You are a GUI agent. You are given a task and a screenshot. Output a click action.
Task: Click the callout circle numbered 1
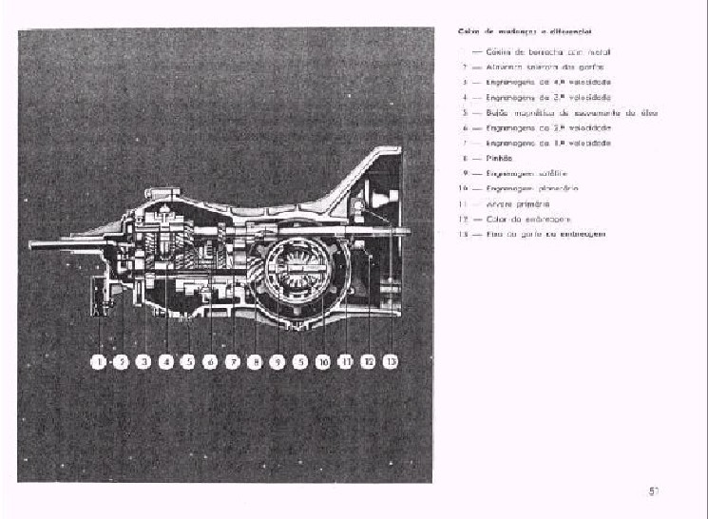point(98,361)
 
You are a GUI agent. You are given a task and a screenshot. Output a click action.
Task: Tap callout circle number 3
point(144,361)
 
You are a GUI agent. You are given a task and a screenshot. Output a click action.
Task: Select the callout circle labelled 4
point(165,361)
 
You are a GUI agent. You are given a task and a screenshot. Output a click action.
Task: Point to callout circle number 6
point(210,361)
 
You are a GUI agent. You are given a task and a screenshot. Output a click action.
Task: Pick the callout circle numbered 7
point(233,361)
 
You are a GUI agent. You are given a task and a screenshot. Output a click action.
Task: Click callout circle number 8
point(255,361)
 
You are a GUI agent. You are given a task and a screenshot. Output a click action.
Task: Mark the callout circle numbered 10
point(323,361)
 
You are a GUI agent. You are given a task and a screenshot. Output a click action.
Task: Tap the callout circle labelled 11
point(346,361)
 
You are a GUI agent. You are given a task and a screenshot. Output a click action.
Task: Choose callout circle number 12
point(369,361)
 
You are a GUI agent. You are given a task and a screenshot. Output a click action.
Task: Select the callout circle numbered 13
point(391,361)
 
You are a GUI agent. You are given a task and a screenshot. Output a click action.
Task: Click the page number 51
point(654,491)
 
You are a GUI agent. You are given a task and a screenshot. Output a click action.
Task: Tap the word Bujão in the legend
point(493,112)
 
